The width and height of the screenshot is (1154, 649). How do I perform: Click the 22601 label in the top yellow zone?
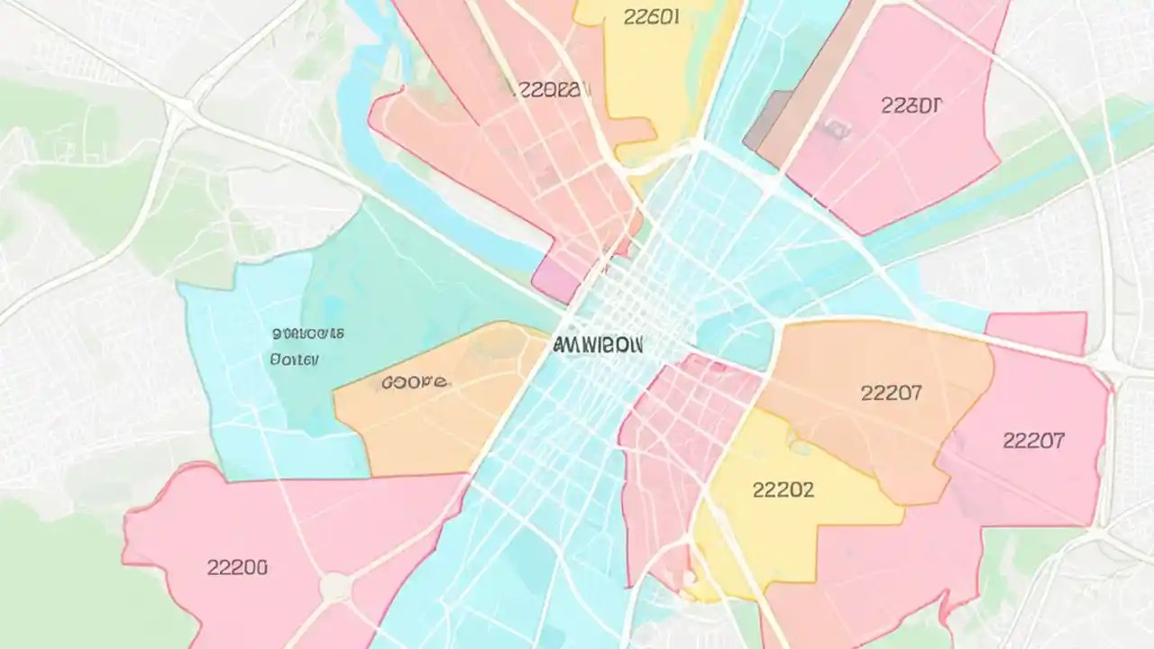651,17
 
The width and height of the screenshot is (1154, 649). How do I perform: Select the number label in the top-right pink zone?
911,105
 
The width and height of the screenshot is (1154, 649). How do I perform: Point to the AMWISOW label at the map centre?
597,344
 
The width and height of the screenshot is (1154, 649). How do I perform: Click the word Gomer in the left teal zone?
294,360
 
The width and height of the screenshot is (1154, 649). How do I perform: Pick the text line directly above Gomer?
307,334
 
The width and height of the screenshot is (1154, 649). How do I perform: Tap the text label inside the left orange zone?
414,382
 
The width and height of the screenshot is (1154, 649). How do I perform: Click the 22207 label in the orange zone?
891,393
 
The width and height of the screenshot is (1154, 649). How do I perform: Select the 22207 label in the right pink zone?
1033,441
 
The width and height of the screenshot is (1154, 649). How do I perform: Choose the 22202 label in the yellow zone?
783,489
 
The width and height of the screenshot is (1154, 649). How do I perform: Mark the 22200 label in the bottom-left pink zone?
236,567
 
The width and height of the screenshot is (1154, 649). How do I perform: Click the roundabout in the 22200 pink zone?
335,588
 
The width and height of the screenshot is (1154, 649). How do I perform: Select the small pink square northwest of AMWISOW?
554,275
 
